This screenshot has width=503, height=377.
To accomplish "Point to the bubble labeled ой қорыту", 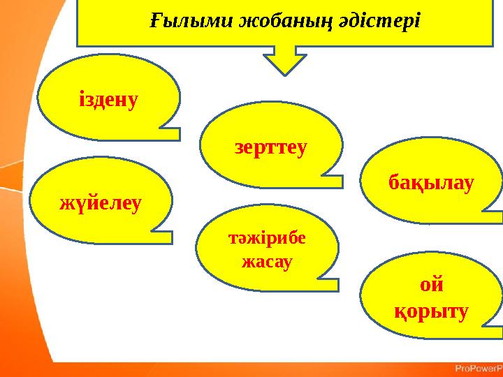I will (x=433, y=297).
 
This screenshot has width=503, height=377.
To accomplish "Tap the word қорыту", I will (x=431, y=311).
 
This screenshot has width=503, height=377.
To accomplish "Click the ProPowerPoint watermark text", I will (x=478, y=368).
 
